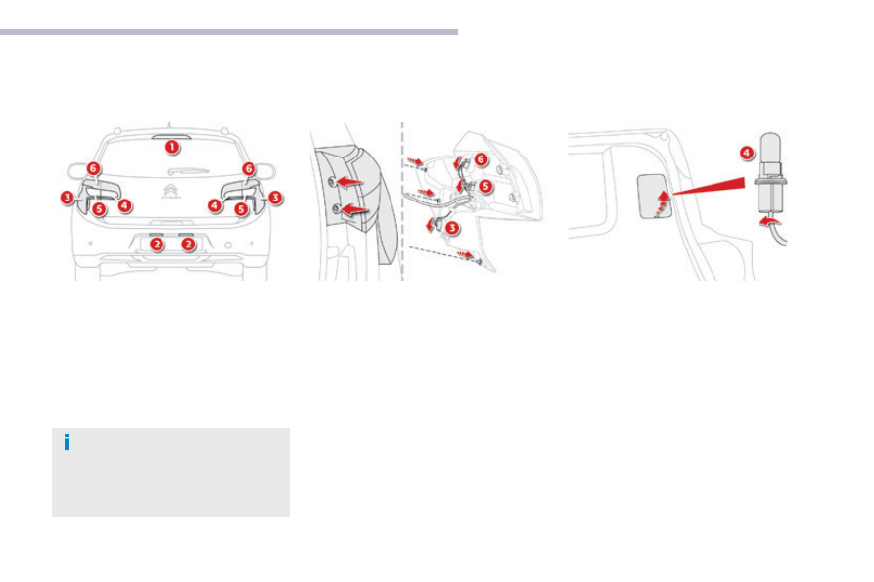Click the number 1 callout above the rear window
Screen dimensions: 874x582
[x=172, y=147]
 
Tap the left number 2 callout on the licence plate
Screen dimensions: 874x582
[x=158, y=244]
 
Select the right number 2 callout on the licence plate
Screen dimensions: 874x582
[x=188, y=244]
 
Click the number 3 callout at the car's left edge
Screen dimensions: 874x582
[x=67, y=198]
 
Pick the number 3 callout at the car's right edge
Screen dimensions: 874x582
[x=275, y=198]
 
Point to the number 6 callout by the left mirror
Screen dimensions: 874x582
[x=94, y=168]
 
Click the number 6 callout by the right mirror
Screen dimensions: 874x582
[x=249, y=168]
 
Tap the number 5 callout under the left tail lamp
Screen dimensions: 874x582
[x=99, y=209]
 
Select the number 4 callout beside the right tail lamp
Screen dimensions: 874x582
[x=215, y=205]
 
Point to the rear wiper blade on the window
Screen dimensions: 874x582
[x=189, y=171]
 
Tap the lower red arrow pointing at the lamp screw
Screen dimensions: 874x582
[x=353, y=210]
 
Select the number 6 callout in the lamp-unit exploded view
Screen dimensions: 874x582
[x=481, y=159]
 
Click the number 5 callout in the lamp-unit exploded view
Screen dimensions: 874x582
[x=485, y=186]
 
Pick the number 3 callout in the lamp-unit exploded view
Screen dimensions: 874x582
[x=452, y=228]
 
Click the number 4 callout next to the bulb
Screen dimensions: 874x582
[x=747, y=154]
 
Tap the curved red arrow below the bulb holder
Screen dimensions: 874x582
[x=770, y=222]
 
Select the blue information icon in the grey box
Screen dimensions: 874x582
[x=67, y=442]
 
